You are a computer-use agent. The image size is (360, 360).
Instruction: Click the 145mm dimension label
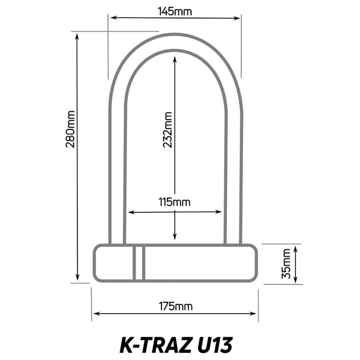(x=175, y=11)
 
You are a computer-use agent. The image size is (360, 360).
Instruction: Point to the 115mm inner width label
(x=175, y=202)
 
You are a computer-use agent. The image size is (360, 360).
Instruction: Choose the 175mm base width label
(x=176, y=306)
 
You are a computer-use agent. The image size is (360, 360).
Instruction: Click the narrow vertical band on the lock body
(x=139, y=263)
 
